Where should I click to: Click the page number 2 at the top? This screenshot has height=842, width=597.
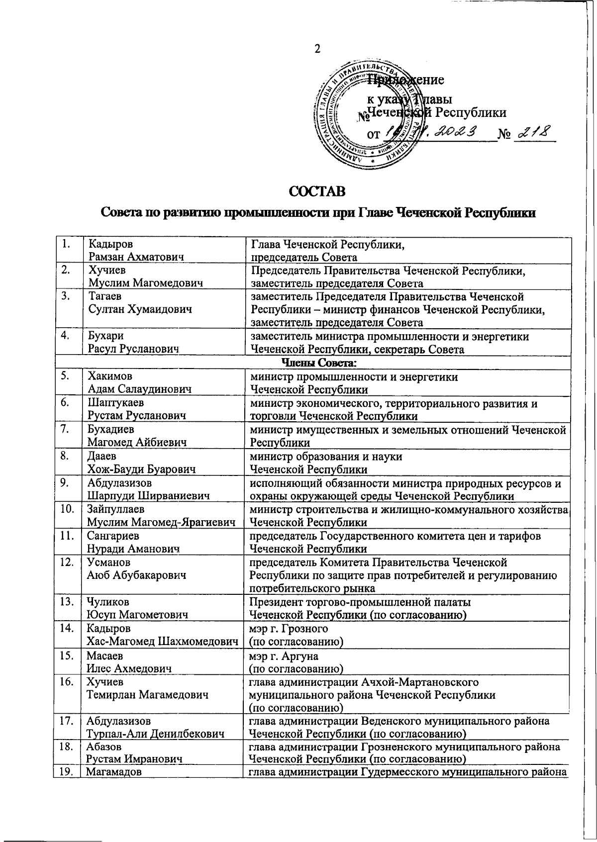316,49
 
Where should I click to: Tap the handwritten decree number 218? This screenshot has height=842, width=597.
534,132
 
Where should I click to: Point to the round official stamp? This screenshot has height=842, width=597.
367,114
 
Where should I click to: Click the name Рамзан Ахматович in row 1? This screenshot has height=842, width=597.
135,257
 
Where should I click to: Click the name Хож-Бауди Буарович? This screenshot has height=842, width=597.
141,469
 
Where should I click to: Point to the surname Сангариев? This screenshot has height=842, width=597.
113,536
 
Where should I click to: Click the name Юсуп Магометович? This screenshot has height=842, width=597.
137,615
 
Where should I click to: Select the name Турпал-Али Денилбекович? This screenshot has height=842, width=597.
155,734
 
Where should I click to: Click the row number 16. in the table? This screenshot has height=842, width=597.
67,682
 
